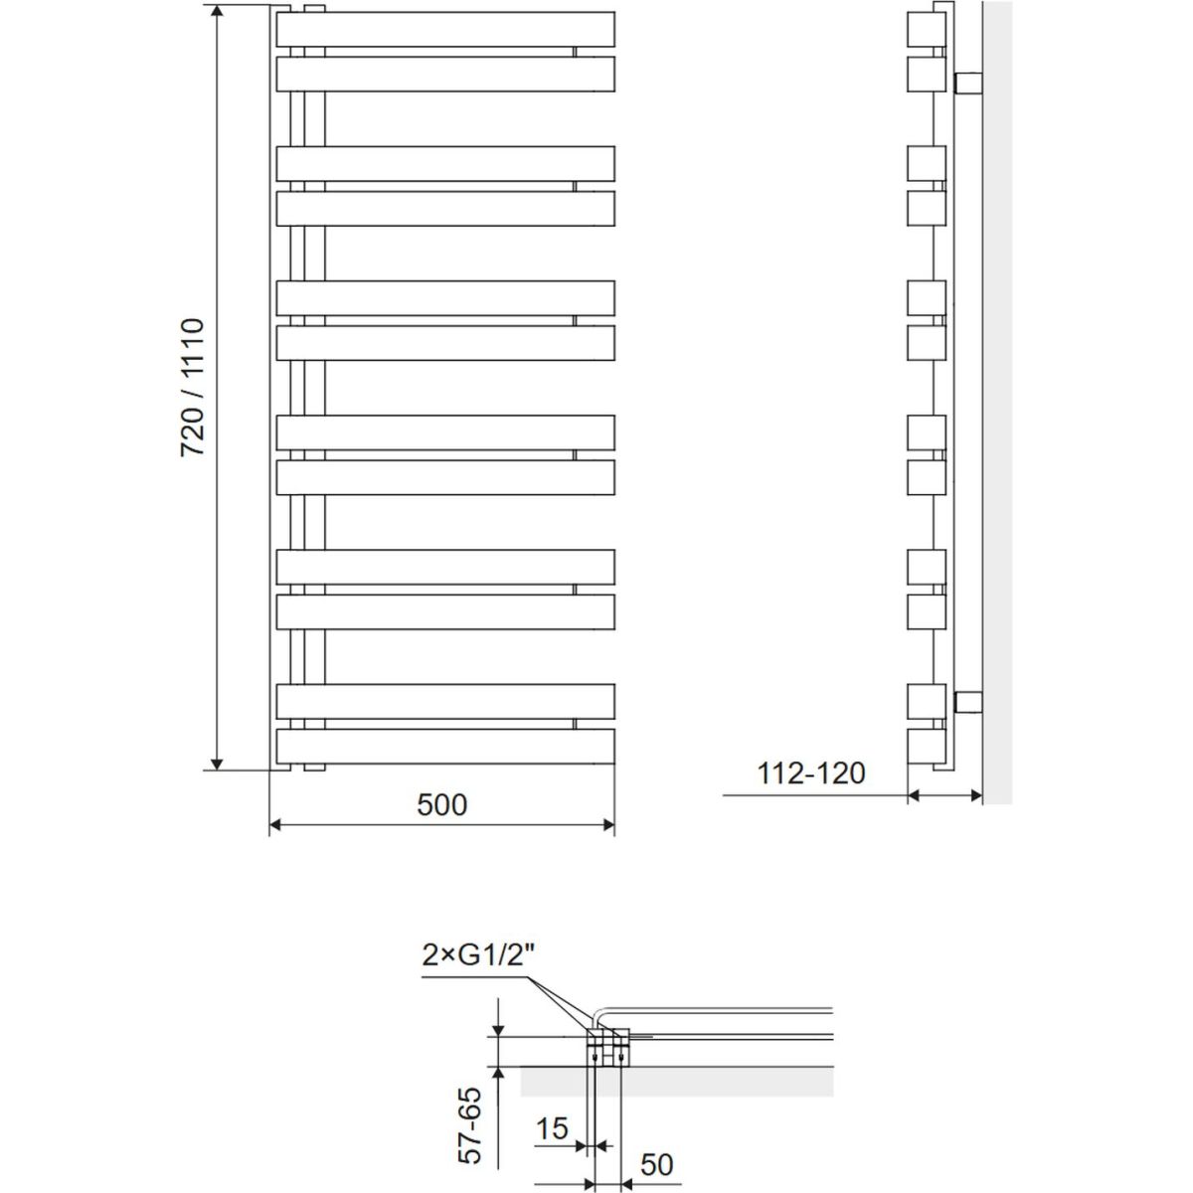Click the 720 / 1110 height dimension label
point(192,388)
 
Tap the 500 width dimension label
point(441,805)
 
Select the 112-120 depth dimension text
point(811,773)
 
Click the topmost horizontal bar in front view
point(445,29)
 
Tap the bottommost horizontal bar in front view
point(445,746)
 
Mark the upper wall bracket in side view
point(969,83)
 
